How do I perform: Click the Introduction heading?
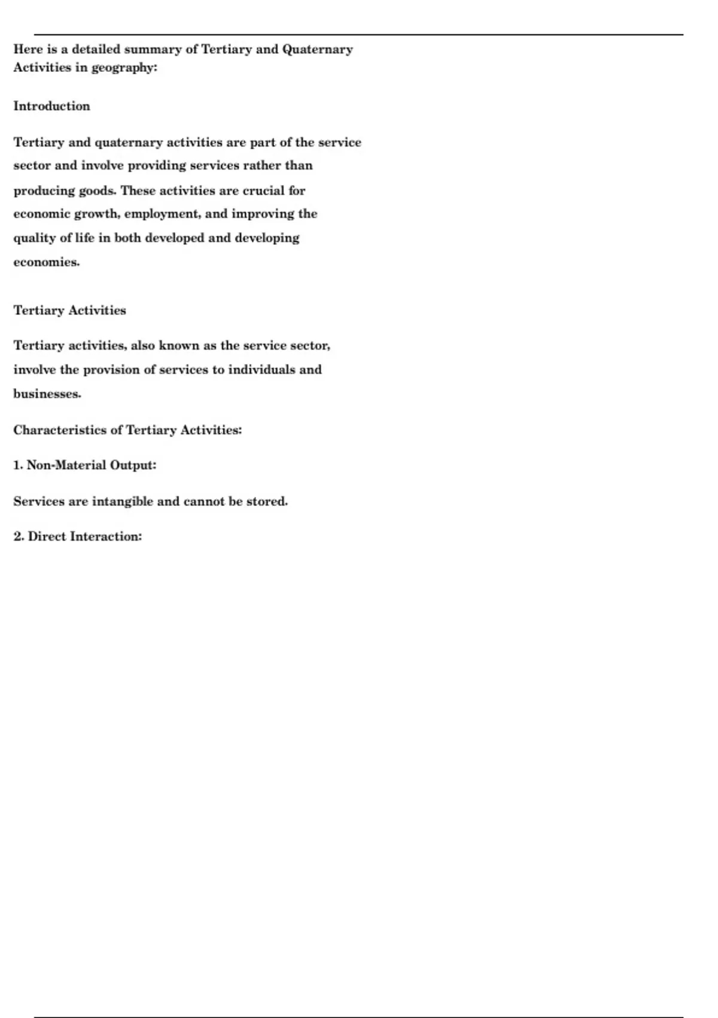pyautogui.click(x=51, y=107)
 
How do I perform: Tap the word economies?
pyautogui.click(x=46, y=262)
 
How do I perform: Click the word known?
pyautogui.click(x=179, y=346)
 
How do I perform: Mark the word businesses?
pyautogui.click(x=47, y=394)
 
